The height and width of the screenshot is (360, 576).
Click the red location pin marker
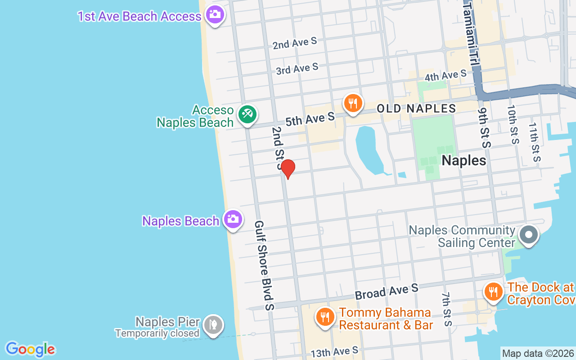point(288,168)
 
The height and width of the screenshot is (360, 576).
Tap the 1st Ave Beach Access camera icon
point(215,14)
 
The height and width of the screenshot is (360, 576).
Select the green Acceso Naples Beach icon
point(247,114)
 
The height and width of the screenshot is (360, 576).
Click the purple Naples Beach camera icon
point(233,219)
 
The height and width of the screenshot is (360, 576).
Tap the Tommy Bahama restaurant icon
point(324,316)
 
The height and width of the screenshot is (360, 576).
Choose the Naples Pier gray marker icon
point(213,324)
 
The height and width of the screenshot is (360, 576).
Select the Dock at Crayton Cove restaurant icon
point(494,291)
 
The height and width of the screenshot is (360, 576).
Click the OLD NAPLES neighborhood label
point(416,108)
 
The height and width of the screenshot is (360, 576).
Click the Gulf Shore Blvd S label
point(264,265)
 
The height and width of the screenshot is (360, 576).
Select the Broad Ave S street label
point(387,291)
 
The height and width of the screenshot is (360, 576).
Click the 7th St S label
point(446,309)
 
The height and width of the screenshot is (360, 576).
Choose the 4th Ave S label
point(445,76)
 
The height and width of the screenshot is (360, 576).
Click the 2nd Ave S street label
point(295,43)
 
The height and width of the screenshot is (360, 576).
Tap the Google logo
point(30,349)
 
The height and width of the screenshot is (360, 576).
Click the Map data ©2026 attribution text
point(538,353)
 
